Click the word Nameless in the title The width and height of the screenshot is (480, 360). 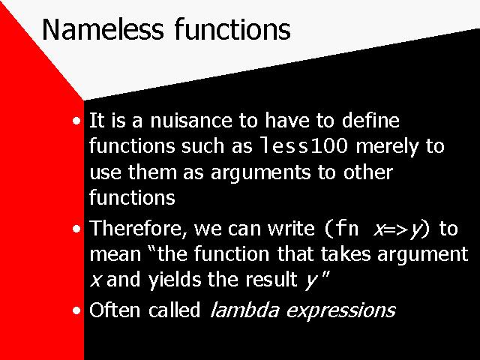coord(103,30)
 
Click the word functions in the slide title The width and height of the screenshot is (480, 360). coord(232,29)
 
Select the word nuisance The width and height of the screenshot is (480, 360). coord(191,120)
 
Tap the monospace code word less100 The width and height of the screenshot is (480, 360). coord(304,146)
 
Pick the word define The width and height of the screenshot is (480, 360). coord(370,120)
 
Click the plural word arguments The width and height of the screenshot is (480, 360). coord(260,173)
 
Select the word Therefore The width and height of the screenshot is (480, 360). coord(138,228)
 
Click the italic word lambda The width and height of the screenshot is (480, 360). coord(245,310)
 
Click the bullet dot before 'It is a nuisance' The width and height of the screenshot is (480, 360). coord(76,121)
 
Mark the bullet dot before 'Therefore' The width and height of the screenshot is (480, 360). coord(76,229)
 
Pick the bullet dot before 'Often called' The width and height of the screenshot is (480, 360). coord(76,310)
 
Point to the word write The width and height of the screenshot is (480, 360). coord(291,228)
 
